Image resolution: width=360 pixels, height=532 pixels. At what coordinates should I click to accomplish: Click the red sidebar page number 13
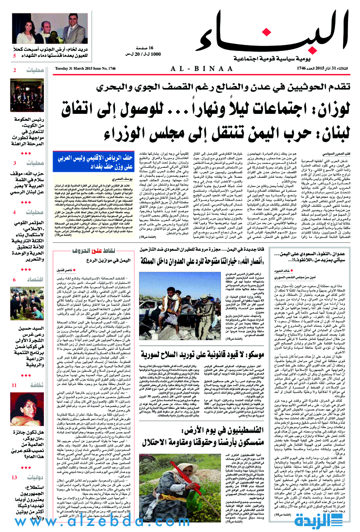14,478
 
